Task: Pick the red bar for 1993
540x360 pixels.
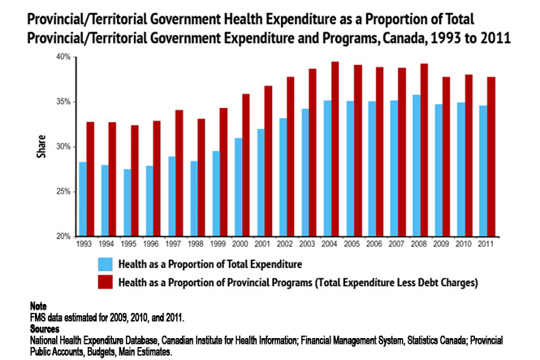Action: point(92,179)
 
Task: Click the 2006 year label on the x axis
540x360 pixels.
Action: point(371,243)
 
